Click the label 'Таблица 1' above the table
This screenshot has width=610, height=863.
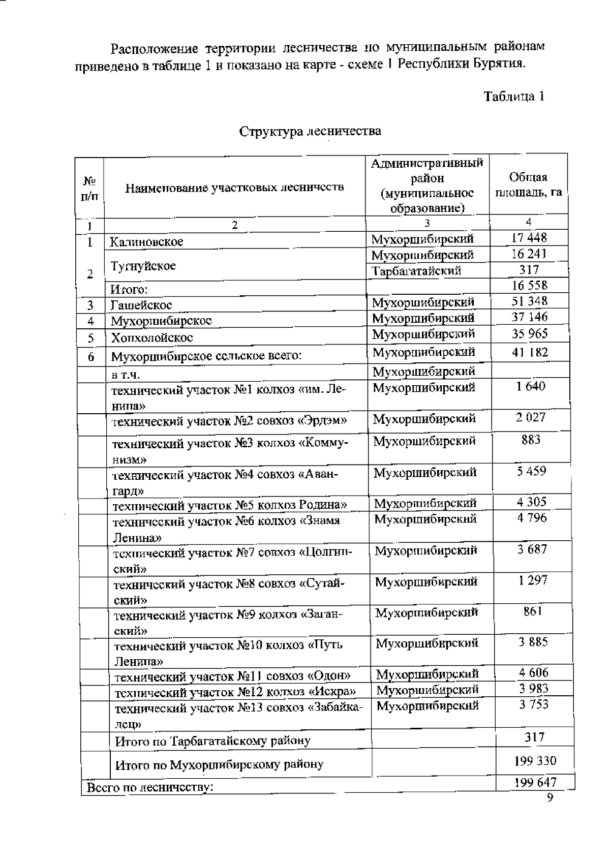[x=514, y=97]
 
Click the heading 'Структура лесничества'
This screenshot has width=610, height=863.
[x=310, y=131]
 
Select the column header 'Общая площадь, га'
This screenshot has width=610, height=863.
[x=528, y=185]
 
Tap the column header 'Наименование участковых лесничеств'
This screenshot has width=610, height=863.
[x=234, y=188]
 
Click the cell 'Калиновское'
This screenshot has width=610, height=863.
[x=147, y=241]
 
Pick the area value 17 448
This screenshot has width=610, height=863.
[x=529, y=237]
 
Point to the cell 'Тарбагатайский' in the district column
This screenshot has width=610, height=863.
[x=416, y=271]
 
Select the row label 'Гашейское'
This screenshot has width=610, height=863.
[x=141, y=305]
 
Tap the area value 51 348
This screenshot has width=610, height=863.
[x=529, y=301]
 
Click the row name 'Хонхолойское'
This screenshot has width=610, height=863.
[x=152, y=338]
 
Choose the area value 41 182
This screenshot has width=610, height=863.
[x=529, y=352]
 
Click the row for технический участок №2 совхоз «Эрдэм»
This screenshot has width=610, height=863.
[x=229, y=421]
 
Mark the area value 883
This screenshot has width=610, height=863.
[x=531, y=440]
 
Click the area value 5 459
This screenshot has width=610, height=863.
[x=531, y=471]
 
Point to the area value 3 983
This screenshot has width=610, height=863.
[x=533, y=689]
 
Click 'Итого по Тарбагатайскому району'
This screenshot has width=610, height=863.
[x=212, y=741]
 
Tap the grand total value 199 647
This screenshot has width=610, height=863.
[x=535, y=782]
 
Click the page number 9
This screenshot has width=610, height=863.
[x=549, y=797]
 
